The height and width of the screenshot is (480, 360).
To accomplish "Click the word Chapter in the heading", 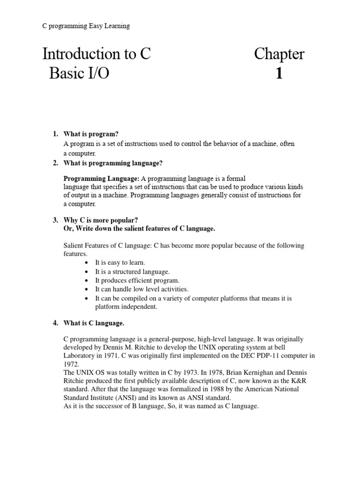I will coord(279,54).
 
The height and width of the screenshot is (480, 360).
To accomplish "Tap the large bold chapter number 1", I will coord(279,74).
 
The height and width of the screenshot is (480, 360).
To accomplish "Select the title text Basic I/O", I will coord(79,74).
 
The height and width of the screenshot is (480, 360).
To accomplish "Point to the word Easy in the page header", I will coord(97,26).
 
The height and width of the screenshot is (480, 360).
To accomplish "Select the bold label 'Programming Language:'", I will coord(101,179).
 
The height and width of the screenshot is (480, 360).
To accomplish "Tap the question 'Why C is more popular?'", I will coord(100,220).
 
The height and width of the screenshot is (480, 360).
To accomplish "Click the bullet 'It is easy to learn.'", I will coord(120,262).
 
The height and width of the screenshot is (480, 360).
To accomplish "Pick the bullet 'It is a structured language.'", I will coord(132,271).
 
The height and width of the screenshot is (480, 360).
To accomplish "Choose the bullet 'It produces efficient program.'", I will coord(137,280).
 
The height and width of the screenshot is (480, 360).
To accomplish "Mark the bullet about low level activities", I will coord(142,289).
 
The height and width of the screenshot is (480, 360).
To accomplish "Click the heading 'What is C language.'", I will coord(94,323).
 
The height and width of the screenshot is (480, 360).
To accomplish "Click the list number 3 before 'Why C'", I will coord(55,220).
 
